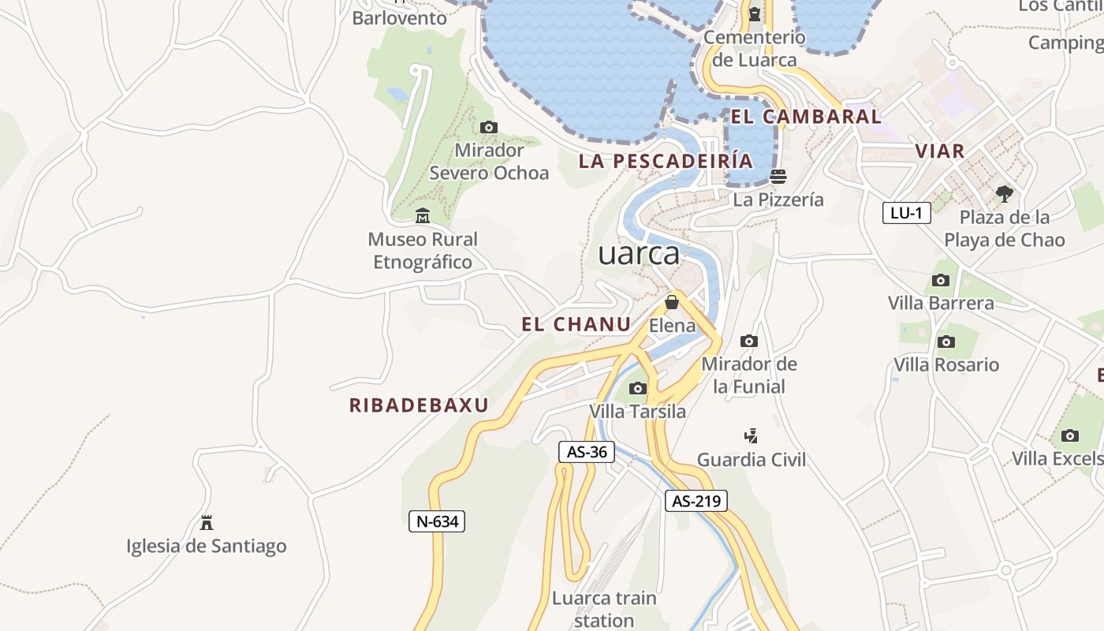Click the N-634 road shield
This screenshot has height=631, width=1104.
437,521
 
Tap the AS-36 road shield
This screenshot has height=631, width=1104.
587,452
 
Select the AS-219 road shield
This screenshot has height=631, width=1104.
696,501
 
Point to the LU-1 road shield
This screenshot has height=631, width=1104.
907,213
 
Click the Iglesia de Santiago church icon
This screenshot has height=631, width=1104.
207,522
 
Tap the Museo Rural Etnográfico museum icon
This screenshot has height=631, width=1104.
423,215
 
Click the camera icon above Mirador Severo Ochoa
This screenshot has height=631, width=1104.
489,127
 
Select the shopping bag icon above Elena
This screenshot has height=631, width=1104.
672,302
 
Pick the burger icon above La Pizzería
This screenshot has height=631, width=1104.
778,176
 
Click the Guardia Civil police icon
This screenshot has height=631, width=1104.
752,435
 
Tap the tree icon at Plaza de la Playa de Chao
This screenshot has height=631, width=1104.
1004,193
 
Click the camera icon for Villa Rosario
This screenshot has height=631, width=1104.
946,342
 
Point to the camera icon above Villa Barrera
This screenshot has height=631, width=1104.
941,280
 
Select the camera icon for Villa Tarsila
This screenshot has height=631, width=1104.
638,388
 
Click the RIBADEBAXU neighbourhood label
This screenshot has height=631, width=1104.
419,405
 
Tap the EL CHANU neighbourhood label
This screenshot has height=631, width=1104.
576,324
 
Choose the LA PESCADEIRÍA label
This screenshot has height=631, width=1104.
666,161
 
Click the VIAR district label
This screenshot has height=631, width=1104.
940,151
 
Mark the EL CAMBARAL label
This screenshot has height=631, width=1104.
805,117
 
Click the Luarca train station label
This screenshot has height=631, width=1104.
604,609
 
